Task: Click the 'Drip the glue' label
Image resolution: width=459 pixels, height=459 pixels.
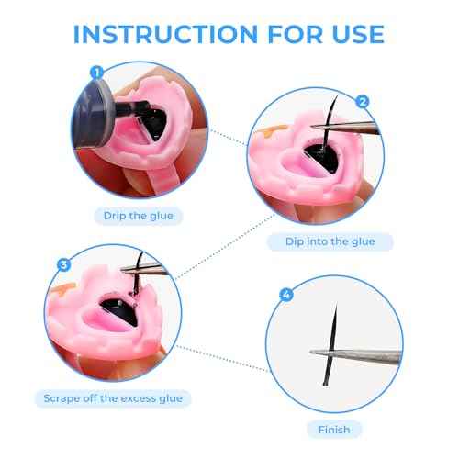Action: tap(139, 217)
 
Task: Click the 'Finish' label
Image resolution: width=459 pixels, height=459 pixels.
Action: tap(335, 428)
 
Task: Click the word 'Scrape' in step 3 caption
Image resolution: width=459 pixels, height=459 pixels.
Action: tap(64, 398)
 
